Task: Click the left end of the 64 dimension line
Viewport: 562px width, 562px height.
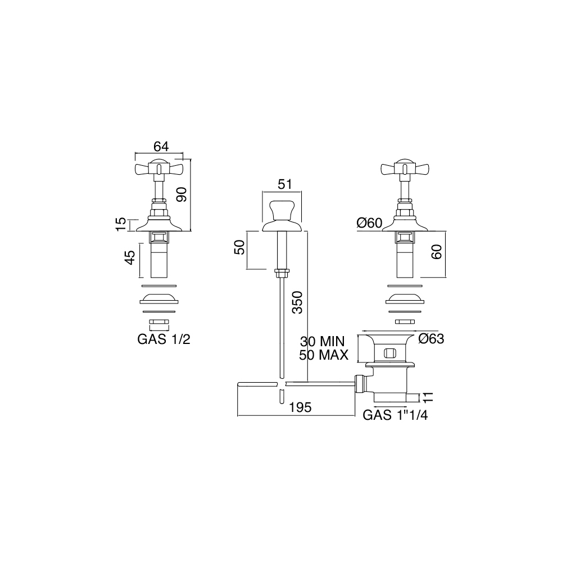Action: (x=135, y=153)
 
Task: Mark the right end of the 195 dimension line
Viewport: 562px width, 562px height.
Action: (x=355, y=416)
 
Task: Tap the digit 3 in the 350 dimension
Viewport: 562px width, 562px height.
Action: (x=297, y=309)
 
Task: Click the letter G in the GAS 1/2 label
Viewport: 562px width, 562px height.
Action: (x=143, y=339)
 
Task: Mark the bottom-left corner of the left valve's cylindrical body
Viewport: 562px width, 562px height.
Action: (x=151, y=278)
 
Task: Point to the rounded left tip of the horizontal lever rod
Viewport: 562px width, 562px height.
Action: (x=238, y=384)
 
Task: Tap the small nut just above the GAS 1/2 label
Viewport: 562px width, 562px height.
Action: (x=158, y=324)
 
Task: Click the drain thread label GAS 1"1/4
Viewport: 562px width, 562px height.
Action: (x=395, y=415)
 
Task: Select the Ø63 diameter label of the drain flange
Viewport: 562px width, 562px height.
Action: (x=431, y=339)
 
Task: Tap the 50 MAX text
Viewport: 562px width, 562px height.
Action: (x=324, y=355)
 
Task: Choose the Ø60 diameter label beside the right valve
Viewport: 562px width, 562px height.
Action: (x=370, y=223)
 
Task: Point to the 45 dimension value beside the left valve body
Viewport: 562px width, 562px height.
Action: (x=130, y=257)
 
